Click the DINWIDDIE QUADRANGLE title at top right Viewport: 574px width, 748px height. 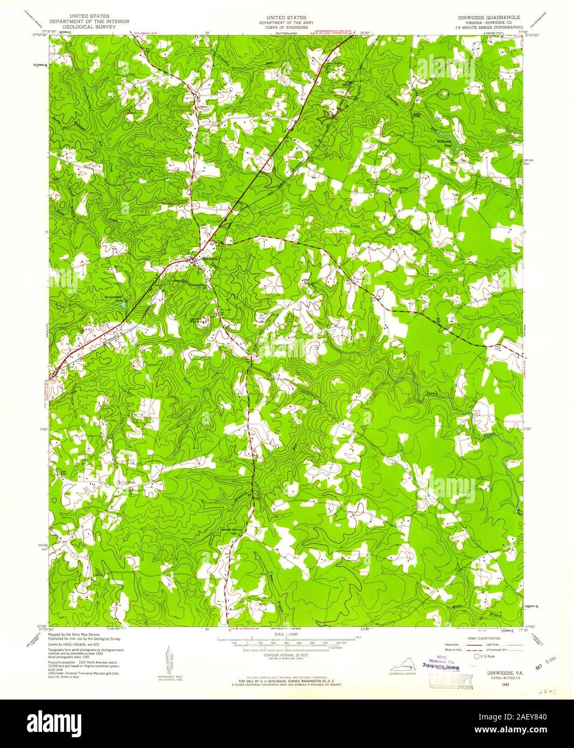487,17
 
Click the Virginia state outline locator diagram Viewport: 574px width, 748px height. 403,668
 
